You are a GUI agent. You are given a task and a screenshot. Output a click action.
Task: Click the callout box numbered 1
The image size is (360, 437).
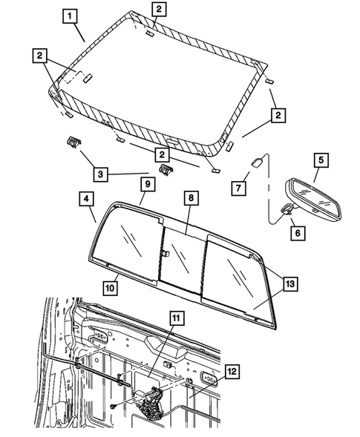click(x=70, y=16)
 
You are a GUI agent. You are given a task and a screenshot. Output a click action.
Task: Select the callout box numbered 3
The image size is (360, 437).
click(x=100, y=174)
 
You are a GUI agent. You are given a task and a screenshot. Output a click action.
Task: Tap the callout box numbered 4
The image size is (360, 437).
click(x=86, y=199)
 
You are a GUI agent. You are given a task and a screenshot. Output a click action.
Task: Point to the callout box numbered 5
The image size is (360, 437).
click(x=321, y=160)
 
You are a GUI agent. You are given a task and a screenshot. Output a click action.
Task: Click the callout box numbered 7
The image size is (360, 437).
click(x=238, y=188)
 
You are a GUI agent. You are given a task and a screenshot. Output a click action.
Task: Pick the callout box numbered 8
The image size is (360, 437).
click(x=192, y=198)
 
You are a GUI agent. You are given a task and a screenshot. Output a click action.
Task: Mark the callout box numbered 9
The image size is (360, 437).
click(x=148, y=184)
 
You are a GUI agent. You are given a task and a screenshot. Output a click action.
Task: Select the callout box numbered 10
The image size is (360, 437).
click(x=110, y=288)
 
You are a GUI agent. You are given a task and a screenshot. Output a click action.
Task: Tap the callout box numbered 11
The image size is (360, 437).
click(x=177, y=318)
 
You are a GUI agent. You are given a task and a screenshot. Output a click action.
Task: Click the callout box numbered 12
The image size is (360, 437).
click(x=232, y=371)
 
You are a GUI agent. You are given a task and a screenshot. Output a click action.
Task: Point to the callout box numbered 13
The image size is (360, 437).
click(x=290, y=284)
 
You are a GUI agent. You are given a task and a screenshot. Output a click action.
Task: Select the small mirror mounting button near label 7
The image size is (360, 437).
click(x=256, y=162)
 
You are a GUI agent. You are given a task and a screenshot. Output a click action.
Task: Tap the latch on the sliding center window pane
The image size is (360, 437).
click(x=165, y=252)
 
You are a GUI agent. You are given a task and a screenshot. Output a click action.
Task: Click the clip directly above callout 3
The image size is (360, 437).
click(x=73, y=142)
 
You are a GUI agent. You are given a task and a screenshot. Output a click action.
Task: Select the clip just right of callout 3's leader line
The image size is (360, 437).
click(x=166, y=169)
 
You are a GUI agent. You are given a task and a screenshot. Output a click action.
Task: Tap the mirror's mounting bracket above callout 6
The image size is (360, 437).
click(x=287, y=209)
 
